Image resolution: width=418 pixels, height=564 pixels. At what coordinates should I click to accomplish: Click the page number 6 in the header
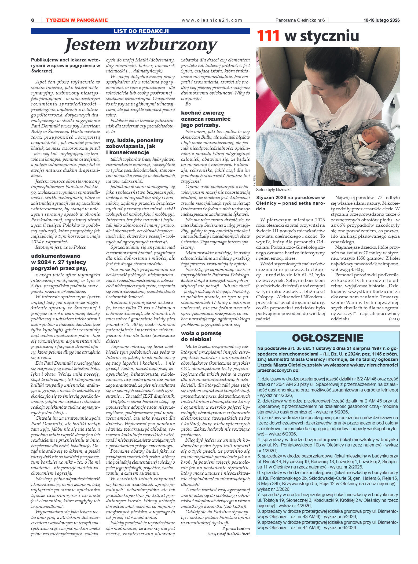[x=33, y=20]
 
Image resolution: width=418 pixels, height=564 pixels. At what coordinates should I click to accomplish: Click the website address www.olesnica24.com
[x=212, y=20]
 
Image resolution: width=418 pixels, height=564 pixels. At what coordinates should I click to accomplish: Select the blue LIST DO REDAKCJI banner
[x=141, y=31]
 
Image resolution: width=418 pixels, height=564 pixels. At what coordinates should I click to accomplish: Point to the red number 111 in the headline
[x=269, y=36]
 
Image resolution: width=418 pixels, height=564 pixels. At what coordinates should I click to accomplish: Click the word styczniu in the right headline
[x=330, y=36]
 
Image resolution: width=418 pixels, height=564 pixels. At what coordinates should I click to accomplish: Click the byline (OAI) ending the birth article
[x=394, y=319]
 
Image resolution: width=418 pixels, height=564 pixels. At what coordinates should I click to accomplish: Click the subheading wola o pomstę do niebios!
[x=201, y=336]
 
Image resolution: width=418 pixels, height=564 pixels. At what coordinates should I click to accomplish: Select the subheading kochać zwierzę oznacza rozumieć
[x=206, y=119]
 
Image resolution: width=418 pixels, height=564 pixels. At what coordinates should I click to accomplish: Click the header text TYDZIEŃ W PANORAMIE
[x=77, y=20]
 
